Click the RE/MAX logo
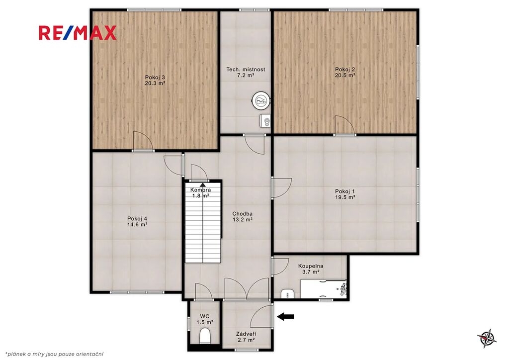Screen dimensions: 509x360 [77, 33]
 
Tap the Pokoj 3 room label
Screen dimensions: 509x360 [155, 77]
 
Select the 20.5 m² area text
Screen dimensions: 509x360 [345, 75]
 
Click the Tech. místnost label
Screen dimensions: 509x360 [246, 69]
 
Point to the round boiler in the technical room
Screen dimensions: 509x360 [261, 100]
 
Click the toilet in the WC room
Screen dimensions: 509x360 [205, 335]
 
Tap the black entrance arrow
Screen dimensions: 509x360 [286, 316]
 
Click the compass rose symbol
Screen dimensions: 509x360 [487, 339]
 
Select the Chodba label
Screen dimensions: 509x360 [242, 214]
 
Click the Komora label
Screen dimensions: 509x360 [201, 190]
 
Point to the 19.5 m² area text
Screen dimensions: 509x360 [345, 197]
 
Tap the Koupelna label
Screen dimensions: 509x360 [311, 266]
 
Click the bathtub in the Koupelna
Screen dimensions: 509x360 [323, 288]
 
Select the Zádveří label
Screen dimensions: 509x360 [246, 334]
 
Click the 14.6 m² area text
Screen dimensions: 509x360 [137, 224]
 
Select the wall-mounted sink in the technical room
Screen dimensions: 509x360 [265, 121]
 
